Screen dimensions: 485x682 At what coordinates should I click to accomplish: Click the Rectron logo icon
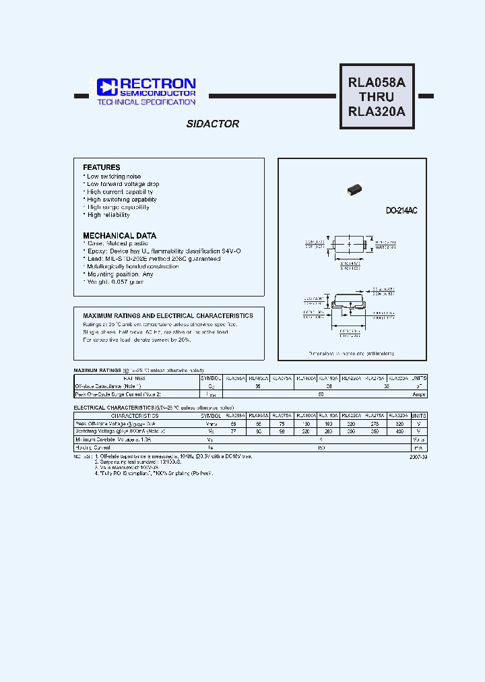click(x=107, y=87)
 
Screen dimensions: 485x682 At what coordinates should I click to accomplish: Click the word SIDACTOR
click(x=212, y=124)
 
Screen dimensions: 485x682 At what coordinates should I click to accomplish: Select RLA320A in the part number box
click(x=377, y=113)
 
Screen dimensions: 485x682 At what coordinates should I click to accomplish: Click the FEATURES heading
click(x=102, y=167)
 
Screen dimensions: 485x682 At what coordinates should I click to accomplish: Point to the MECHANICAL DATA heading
click(x=119, y=235)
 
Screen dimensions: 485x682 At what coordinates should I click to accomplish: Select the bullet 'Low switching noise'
click(x=113, y=176)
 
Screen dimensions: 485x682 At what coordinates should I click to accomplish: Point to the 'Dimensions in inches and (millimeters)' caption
click(x=351, y=353)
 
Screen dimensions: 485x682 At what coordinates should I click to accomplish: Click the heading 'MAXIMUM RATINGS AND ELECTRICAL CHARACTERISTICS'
click(x=168, y=315)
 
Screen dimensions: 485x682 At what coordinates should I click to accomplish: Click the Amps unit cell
click(x=418, y=394)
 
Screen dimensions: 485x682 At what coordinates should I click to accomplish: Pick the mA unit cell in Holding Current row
click(x=418, y=446)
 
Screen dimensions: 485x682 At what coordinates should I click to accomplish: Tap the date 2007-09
click(x=417, y=456)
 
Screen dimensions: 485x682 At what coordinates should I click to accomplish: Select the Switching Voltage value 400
click(x=399, y=431)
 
